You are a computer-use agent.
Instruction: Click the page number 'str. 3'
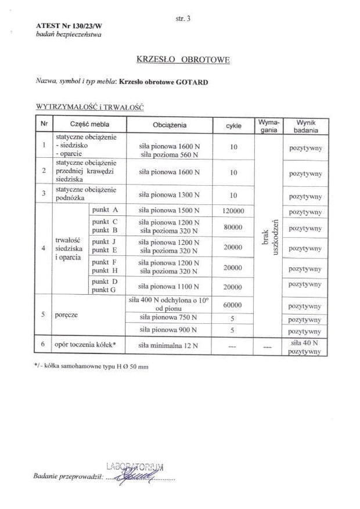pyautogui.click(x=183, y=19)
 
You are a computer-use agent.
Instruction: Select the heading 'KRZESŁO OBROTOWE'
pyautogui.click(x=183, y=59)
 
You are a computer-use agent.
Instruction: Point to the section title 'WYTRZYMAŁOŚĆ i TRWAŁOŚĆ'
pyautogui.click(x=90, y=107)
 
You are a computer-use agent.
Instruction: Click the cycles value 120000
pyautogui.click(x=233, y=211)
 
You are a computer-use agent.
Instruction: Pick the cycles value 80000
pyautogui.click(x=233, y=227)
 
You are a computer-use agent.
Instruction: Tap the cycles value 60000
pyautogui.click(x=233, y=304)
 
